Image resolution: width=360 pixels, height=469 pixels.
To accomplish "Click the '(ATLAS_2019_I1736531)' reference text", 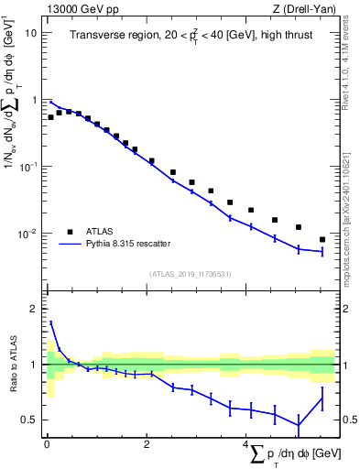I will click(190, 274).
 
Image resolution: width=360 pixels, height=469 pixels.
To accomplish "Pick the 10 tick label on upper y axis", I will click(31, 33).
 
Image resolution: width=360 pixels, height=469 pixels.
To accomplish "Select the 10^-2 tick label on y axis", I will click(28, 234).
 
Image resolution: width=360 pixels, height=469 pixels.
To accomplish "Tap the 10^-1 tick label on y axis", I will click(28, 167).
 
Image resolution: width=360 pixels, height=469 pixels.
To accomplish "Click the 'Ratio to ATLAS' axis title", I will click(13, 365).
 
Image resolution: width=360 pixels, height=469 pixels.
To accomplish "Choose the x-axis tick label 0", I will click(47, 444).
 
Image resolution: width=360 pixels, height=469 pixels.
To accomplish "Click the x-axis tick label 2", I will click(147, 444).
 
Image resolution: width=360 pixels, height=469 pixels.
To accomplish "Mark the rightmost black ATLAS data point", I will click(322, 239).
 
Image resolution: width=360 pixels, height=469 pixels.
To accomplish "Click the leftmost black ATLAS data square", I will click(50, 117).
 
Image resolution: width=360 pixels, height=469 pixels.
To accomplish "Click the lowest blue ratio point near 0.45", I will click(298, 424).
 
